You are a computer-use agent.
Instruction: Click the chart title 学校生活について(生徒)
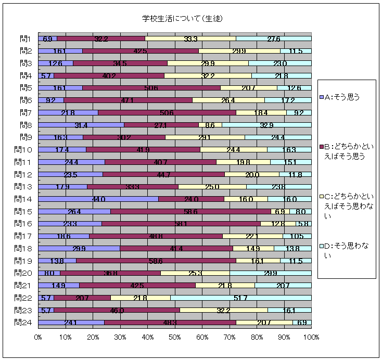182,19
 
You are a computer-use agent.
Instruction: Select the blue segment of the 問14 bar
98,199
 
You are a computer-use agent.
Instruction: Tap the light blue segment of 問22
240,298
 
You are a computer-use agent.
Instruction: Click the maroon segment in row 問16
181,224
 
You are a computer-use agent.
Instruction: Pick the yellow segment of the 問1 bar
190,38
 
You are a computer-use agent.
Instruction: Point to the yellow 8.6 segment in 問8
210,125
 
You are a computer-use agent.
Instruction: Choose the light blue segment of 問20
270,273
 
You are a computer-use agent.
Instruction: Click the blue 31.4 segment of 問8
81,125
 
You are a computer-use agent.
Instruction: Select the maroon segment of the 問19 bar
156,260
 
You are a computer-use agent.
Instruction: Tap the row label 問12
24,174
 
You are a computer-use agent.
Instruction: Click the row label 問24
24,322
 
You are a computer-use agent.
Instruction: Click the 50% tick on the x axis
174,338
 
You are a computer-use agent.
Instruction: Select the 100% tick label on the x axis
311,338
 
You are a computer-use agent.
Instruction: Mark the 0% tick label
38,338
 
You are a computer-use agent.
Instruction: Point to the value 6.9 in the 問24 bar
302,323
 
